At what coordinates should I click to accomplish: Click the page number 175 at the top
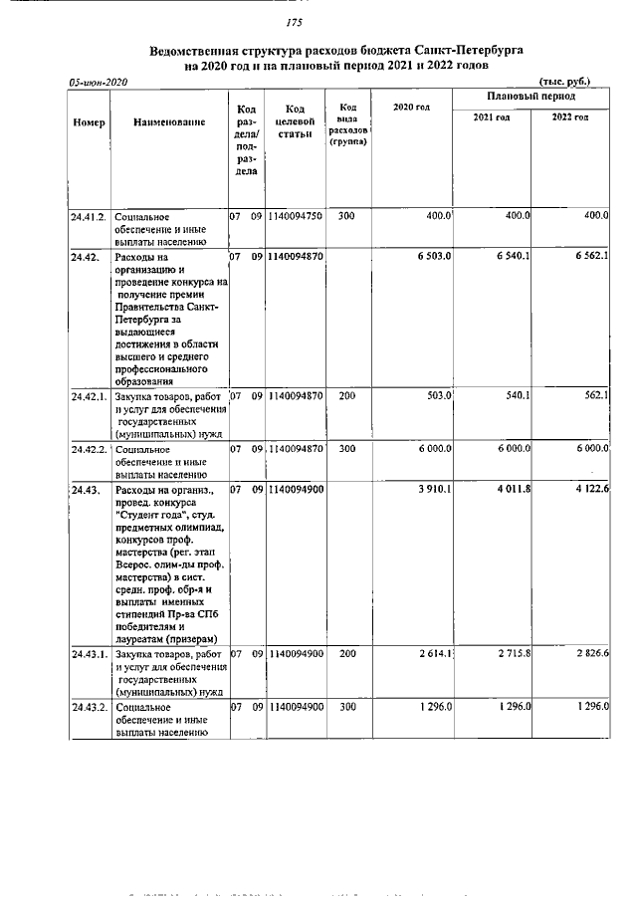pos(293,23)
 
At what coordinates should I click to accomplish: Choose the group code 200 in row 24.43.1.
pos(345,654)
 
